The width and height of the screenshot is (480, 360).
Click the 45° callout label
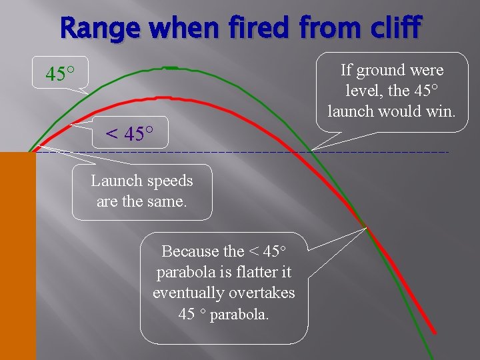tap(59, 73)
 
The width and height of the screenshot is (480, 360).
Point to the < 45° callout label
tap(129, 134)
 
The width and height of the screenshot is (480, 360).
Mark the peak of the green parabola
tap(169, 67)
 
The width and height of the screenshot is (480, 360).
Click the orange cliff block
tap(18, 253)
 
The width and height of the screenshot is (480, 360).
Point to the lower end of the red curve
tap(435, 331)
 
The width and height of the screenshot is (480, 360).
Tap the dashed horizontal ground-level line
tap(267, 153)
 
